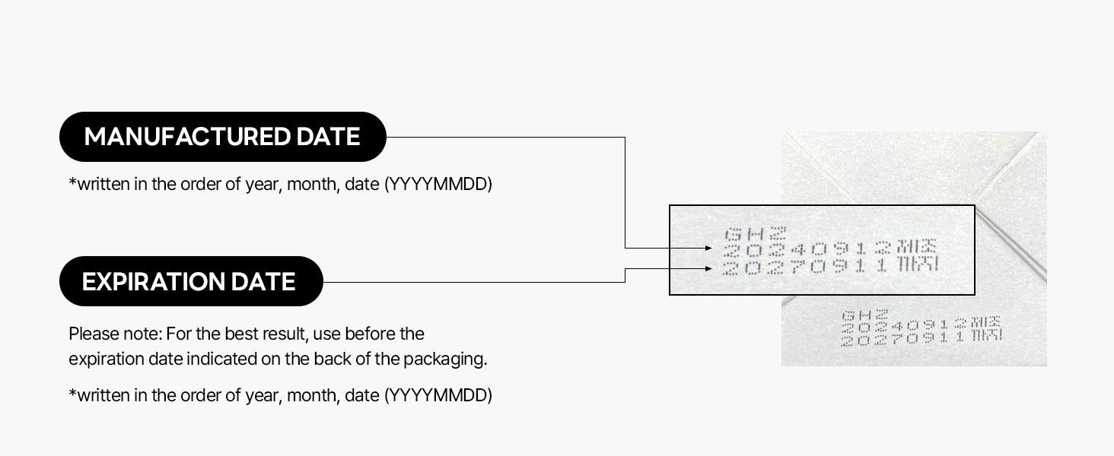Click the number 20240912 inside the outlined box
pos(807,249)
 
